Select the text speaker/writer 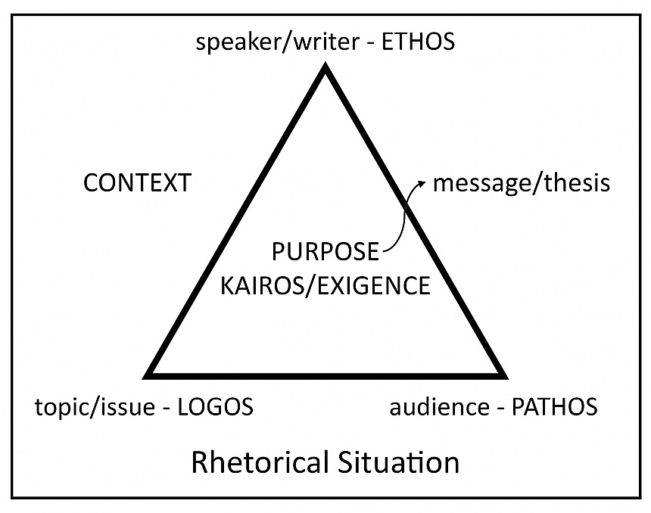coord(269,42)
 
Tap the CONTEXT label coord(137,183)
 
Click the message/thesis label coord(521,183)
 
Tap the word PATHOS coord(555,407)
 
